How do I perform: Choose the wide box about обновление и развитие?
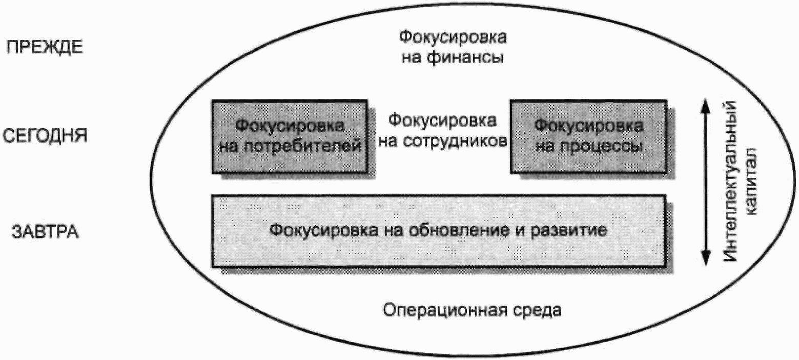[439, 230]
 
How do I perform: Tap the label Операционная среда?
[472, 311]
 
